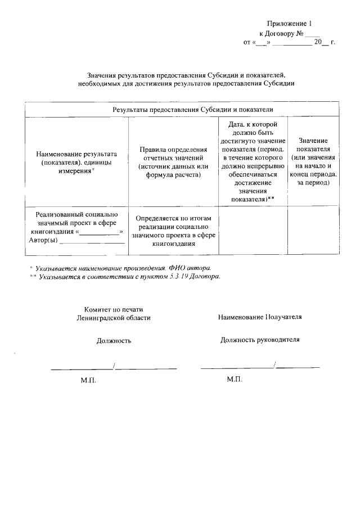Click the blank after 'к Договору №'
[x=313, y=34]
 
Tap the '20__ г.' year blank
[x=324, y=42]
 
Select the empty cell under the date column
[x=253, y=231]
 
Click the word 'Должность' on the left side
[x=114, y=340]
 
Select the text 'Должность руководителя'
[x=260, y=340]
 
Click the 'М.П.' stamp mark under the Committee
[x=88, y=381]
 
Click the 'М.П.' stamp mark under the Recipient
[x=235, y=380]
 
